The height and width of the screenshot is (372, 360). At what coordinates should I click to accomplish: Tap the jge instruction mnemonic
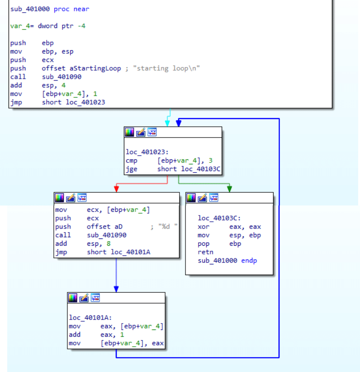coord(131,169)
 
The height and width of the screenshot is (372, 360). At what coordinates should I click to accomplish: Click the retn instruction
coord(205,252)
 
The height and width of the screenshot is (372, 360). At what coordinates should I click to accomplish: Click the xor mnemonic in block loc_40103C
coord(203,227)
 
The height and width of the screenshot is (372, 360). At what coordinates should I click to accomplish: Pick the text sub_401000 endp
coord(227,261)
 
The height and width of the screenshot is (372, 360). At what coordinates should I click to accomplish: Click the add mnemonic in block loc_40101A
coord(75,335)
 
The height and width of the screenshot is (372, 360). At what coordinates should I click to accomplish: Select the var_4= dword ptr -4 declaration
coord(48,26)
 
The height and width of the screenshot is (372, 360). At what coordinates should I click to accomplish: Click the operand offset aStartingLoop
coord(81,68)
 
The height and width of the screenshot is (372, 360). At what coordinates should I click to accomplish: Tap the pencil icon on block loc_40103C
coord(203,198)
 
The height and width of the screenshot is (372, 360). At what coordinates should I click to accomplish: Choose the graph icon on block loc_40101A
coord(95,298)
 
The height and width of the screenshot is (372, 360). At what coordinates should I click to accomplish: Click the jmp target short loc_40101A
coord(118,252)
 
